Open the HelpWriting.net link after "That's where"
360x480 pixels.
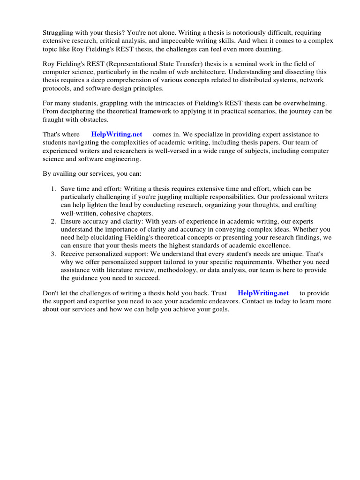coord(117,134)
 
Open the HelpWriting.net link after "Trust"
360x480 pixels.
coord(263,293)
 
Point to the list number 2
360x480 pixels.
coord(53,221)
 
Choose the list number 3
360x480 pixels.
coord(53,254)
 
